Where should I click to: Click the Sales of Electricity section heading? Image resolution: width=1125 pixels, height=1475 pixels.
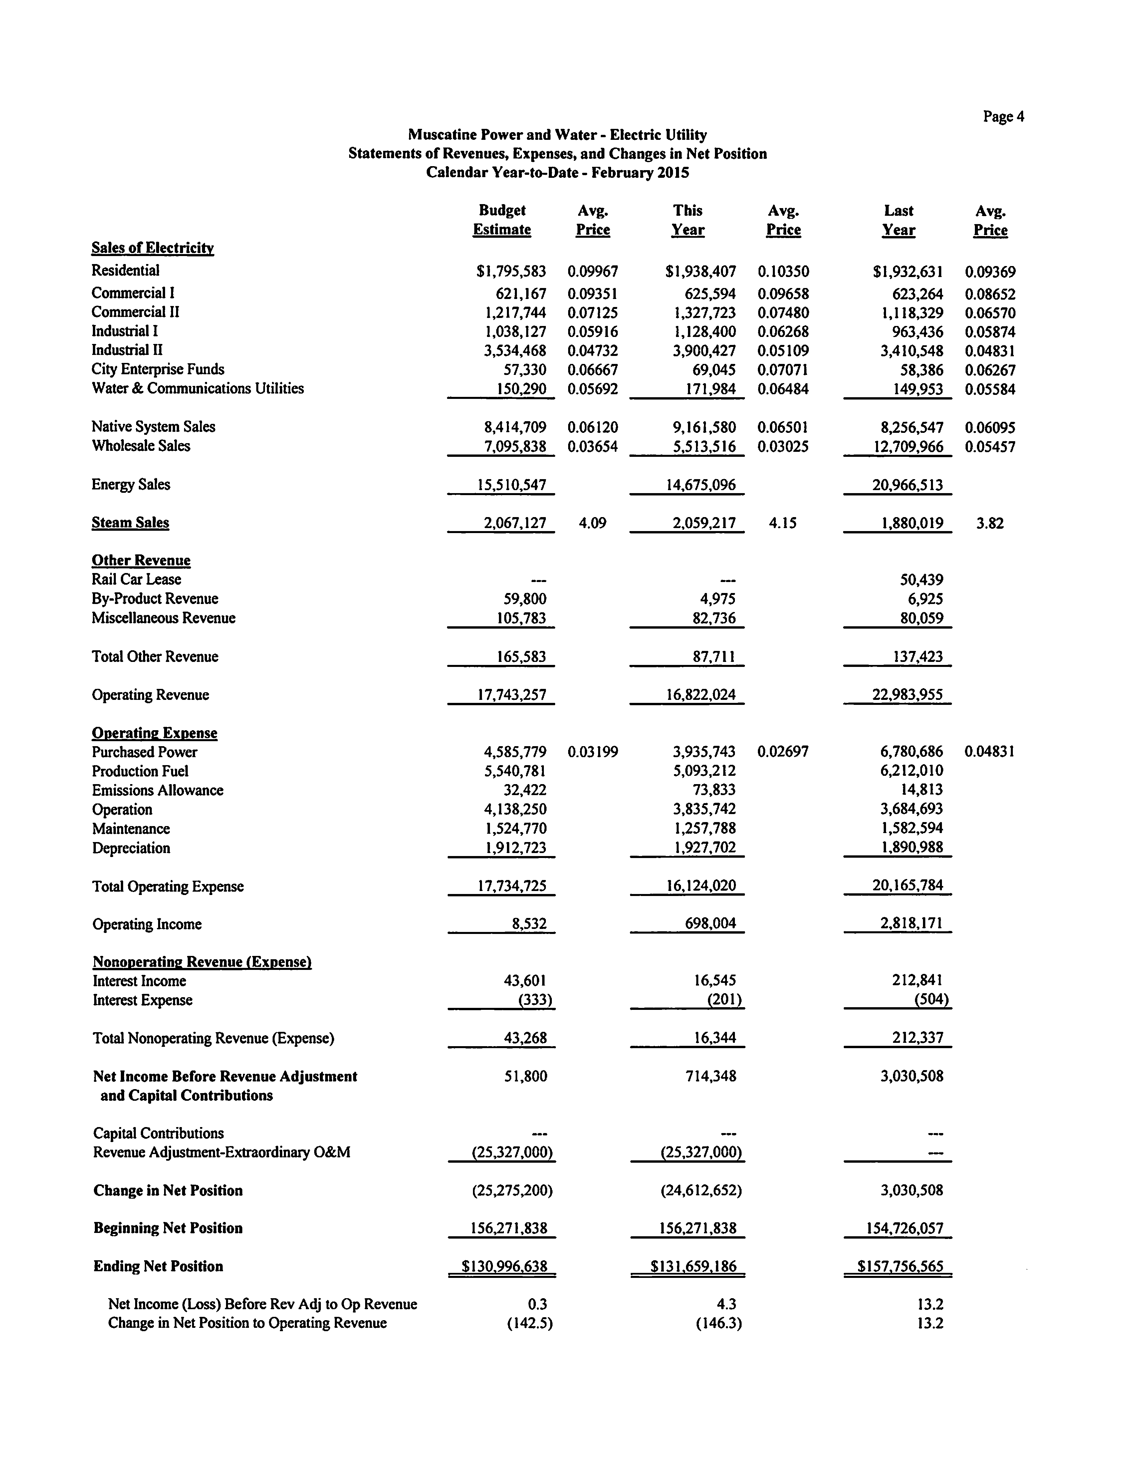tap(153, 248)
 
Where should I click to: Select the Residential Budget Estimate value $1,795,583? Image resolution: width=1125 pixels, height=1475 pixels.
tap(511, 271)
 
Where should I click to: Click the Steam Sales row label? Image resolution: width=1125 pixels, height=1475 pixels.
tap(130, 522)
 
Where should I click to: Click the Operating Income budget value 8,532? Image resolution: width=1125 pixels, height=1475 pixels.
tap(529, 924)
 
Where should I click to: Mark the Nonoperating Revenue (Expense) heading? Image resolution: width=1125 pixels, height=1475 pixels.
tap(202, 962)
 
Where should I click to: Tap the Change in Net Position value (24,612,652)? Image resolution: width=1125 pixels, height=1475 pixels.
tap(700, 1190)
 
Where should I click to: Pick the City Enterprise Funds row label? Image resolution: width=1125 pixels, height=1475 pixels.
tap(158, 369)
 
